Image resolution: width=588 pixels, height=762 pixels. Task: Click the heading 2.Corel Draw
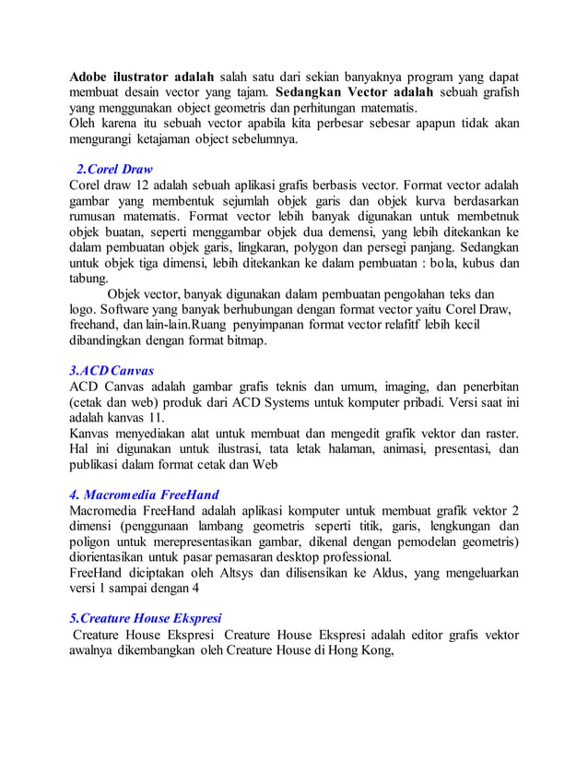pos(114,170)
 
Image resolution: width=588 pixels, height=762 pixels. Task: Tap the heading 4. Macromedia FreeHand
pos(144,494)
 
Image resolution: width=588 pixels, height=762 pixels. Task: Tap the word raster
pos(498,434)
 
